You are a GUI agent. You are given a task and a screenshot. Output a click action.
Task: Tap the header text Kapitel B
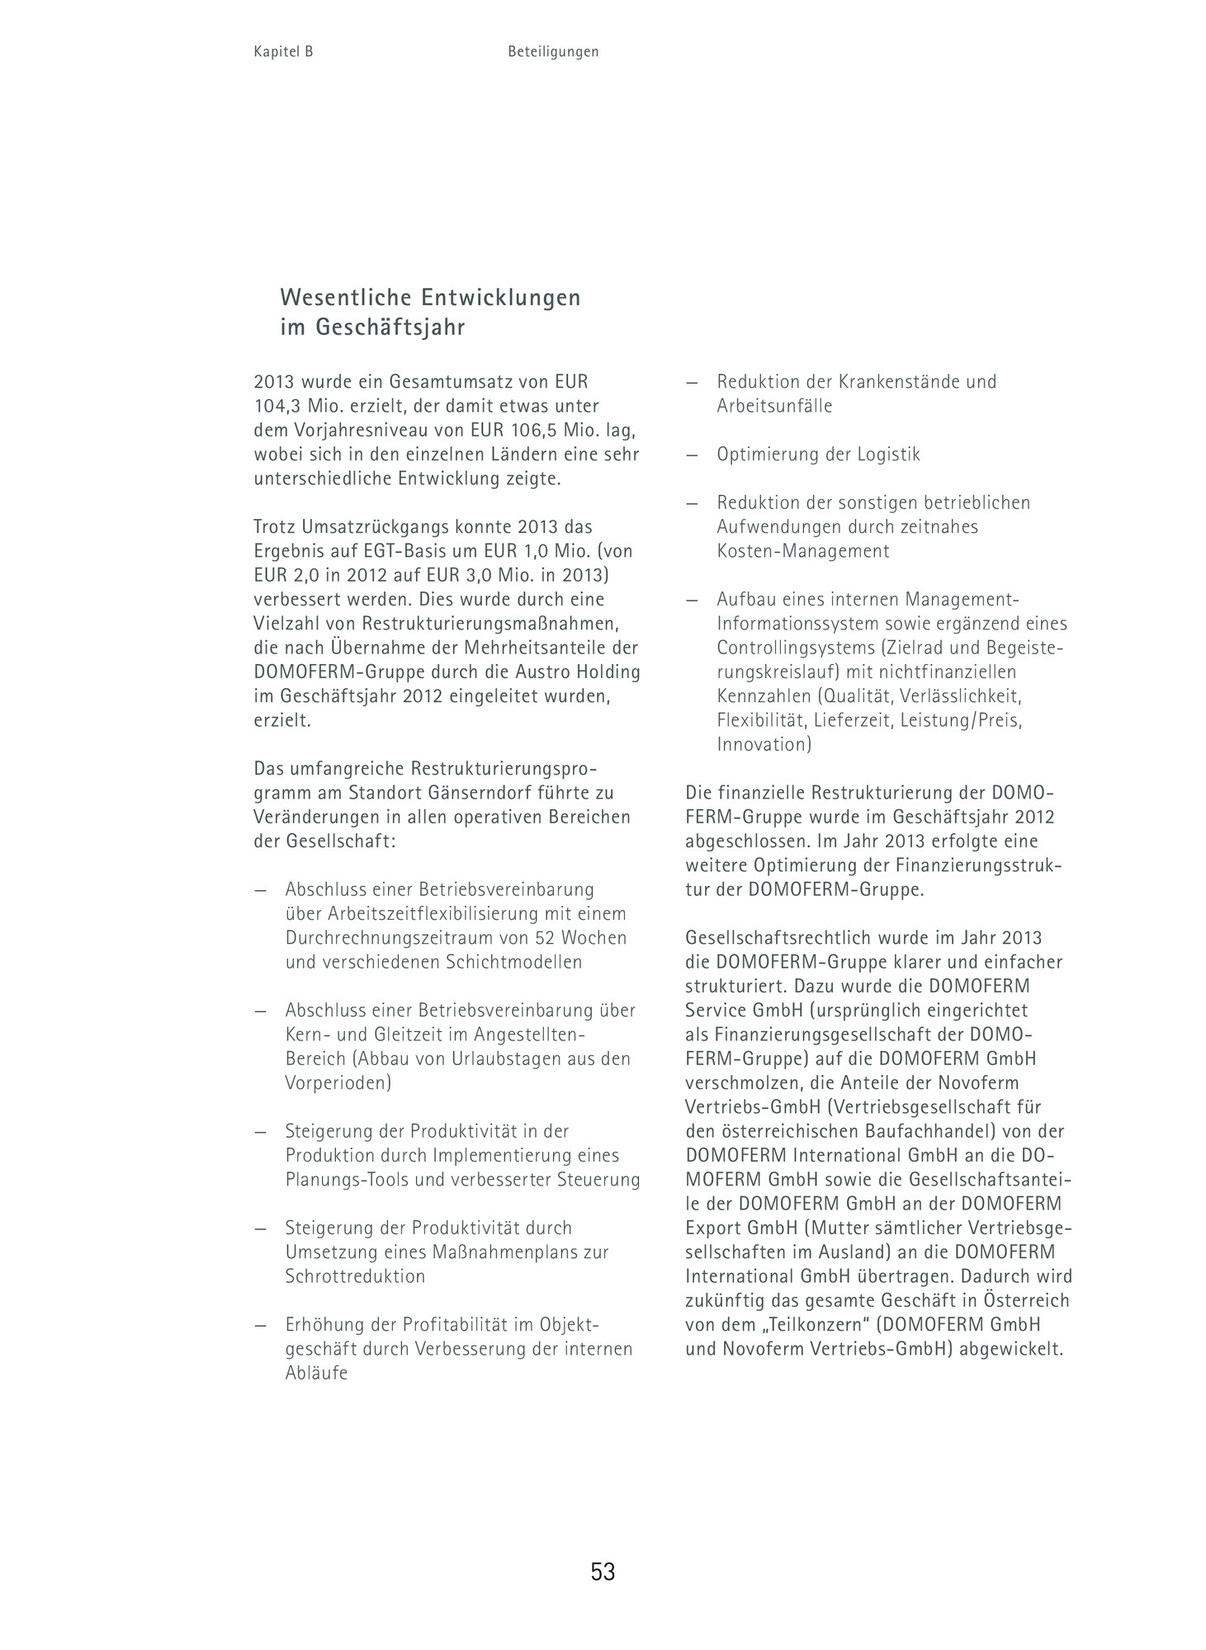283,51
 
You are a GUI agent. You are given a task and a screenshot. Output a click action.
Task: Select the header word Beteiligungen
553,51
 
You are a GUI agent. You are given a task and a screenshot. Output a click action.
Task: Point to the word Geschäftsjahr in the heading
390,328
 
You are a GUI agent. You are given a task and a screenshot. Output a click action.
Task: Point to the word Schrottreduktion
355,1276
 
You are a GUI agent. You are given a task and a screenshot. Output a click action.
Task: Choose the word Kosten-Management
802,551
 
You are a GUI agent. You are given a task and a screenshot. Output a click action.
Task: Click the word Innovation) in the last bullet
764,744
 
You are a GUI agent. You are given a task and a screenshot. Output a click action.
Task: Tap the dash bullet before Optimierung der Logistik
692,455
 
